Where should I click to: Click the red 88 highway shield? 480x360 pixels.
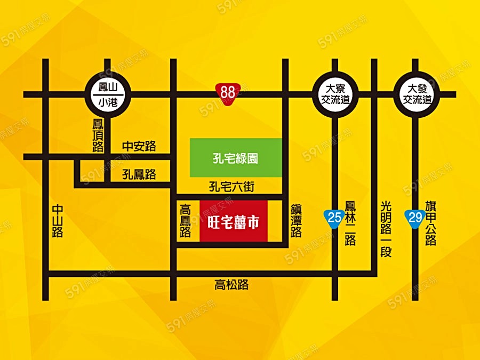pos(228,92)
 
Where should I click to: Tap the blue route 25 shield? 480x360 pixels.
pos(334,217)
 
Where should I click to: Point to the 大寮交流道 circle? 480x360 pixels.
pos(334,94)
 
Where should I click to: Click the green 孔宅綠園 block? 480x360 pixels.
pos(236,158)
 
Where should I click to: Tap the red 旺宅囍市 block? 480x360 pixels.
pos(234,221)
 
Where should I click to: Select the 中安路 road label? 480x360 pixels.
pos(139,147)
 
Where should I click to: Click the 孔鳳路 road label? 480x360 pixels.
pos(139,174)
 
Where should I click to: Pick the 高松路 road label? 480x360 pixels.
pos(231,285)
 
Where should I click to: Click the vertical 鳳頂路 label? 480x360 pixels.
pos(98,136)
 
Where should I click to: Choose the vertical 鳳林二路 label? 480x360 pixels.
pos(350,223)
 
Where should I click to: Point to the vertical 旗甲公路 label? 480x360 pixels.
pos(431,223)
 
